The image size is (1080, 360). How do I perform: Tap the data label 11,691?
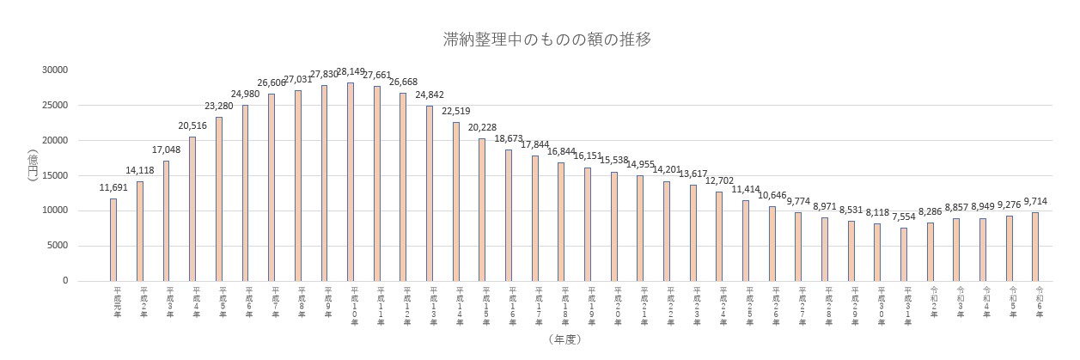(x=113, y=187)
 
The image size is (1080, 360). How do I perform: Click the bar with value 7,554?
(x=904, y=253)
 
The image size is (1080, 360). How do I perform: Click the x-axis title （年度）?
(x=564, y=339)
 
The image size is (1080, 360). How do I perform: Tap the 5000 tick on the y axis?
(x=59, y=246)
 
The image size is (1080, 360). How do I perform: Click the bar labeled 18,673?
(x=509, y=215)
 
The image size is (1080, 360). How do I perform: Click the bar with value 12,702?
(x=719, y=235)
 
